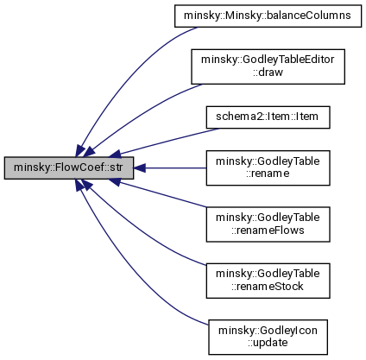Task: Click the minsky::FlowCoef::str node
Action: [69, 167]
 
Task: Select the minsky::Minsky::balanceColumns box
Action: [268, 16]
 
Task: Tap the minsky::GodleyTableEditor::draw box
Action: [268, 66]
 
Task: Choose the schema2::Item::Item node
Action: [268, 117]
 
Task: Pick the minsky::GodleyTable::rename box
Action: [268, 167]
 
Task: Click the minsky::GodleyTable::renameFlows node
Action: [268, 224]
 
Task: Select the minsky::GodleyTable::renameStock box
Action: [268, 281]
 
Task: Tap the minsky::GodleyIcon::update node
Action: [268, 337]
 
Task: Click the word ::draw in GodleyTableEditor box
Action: [268, 73]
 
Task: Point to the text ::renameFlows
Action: [268, 231]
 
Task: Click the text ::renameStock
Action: [268, 287]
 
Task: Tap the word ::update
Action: [268, 343]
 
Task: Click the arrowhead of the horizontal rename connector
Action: [140, 167]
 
